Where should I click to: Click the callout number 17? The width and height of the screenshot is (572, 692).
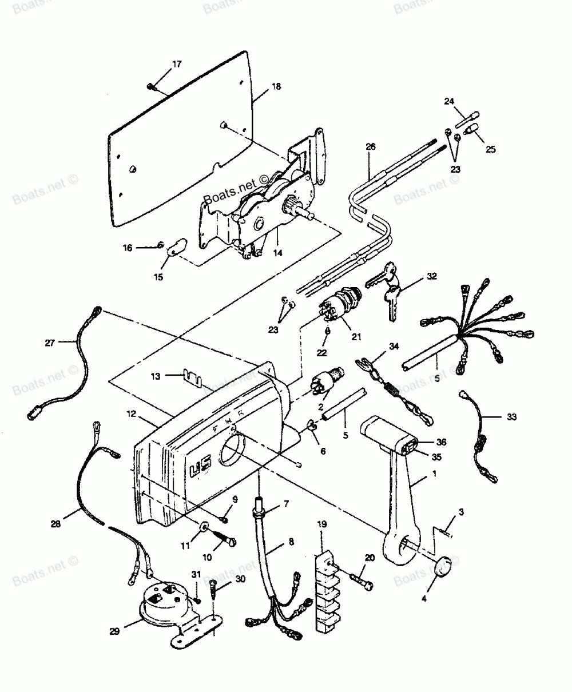click(177, 64)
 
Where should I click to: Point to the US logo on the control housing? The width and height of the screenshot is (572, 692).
click(196, 472)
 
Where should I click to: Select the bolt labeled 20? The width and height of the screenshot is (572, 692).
click(363, 584)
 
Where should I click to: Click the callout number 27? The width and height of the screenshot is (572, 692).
click(50, 343)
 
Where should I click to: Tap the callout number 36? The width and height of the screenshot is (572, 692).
click(440, 442)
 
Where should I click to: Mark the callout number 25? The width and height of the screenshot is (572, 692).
click(491, 150)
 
